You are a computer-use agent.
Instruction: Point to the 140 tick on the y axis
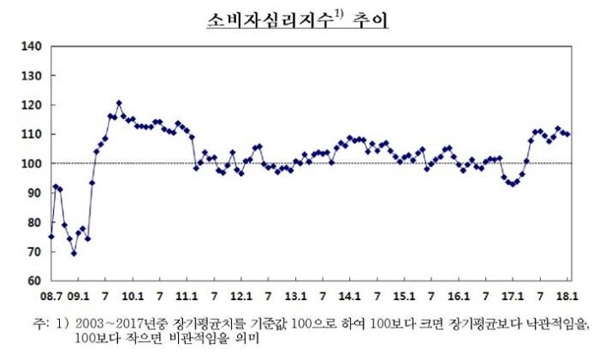click(33, 46)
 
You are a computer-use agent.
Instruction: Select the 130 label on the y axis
click(33, 76)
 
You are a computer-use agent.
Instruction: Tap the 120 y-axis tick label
click(33, 105)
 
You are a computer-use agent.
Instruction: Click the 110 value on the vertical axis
click(33, 134)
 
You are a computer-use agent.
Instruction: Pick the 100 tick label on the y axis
click(33, 163)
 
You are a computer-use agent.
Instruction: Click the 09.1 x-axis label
click(78, 297)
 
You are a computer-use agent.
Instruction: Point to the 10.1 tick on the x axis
click(133, 297)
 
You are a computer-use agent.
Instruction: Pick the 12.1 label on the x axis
click(241, 297)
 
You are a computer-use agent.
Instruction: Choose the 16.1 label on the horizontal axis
click(459, 297)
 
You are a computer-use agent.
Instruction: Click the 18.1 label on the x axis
click(566, 297)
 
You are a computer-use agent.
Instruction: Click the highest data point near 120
click(119, 103)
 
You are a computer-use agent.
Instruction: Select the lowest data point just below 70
click(74, 253)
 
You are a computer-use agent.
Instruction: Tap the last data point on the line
click(567, 134)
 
